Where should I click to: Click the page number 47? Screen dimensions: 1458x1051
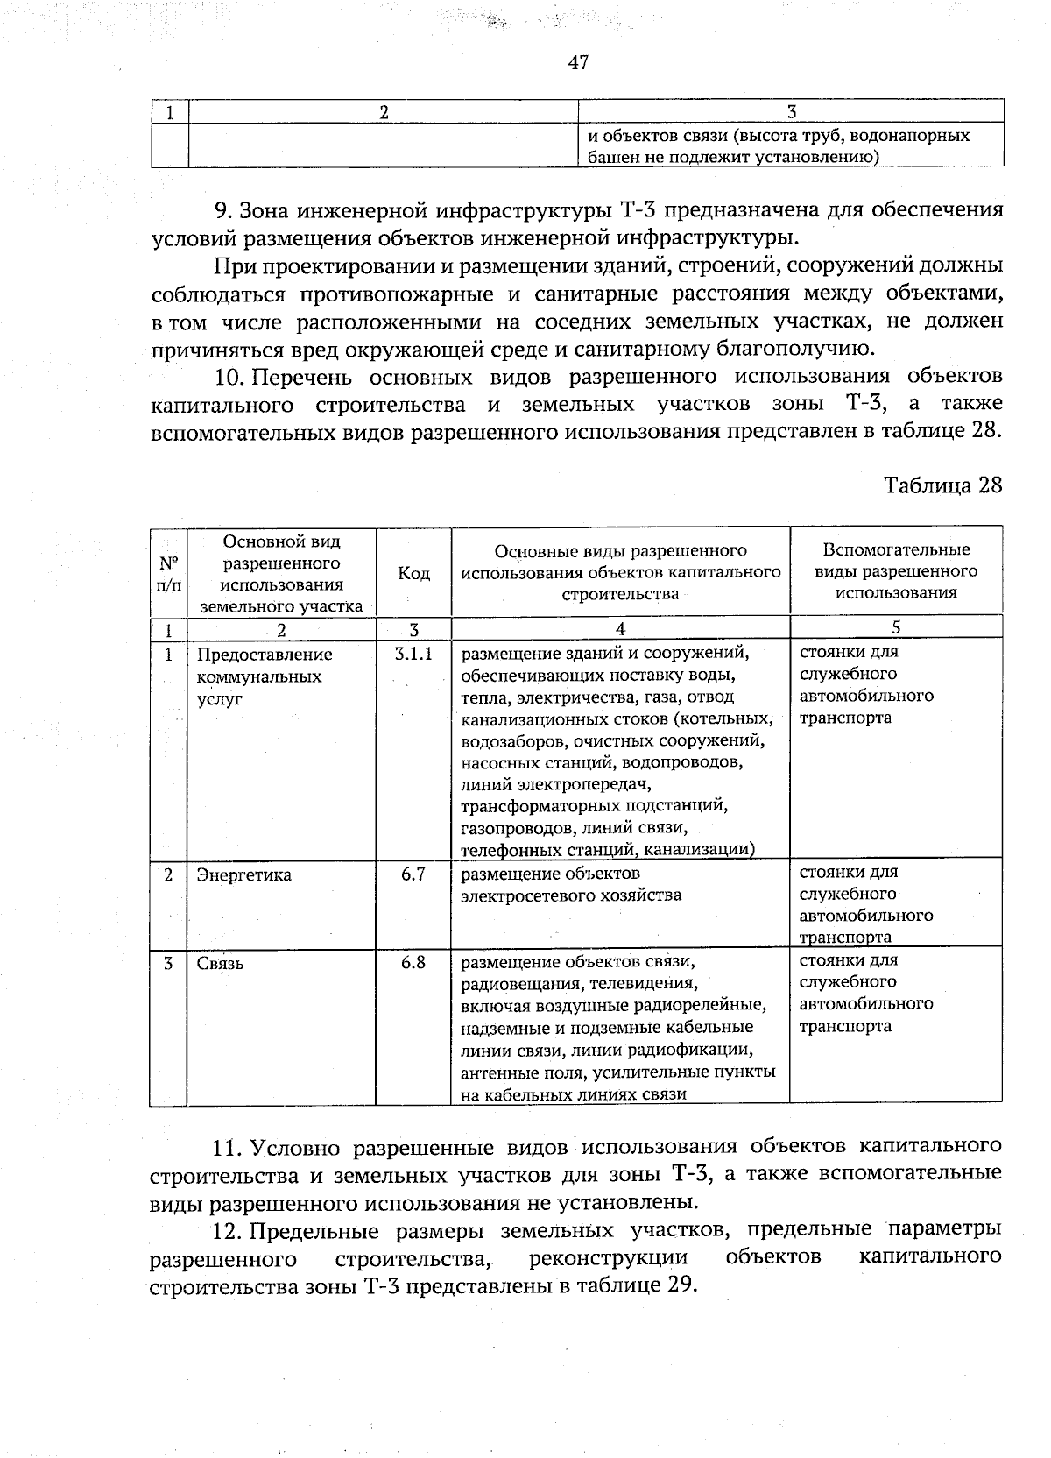[x=578, y=62]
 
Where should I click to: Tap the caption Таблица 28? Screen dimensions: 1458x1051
[x=942, y=485]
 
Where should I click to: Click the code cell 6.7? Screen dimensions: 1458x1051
[x=413, y=874]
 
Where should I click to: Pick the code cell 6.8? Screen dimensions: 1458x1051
[x=413, y=962]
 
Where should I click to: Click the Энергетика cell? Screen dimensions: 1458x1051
[x=244, y=875]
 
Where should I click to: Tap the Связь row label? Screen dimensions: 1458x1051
[x=221, y=964]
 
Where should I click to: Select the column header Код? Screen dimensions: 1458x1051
[x=413, y=573]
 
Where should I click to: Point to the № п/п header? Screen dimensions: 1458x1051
[x=169, y=573]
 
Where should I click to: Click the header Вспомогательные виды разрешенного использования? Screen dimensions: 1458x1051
[x=896, y=571]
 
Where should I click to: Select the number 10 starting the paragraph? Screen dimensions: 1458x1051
[x=228, y=377]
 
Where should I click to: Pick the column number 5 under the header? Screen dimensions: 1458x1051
[x=896, y=627]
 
